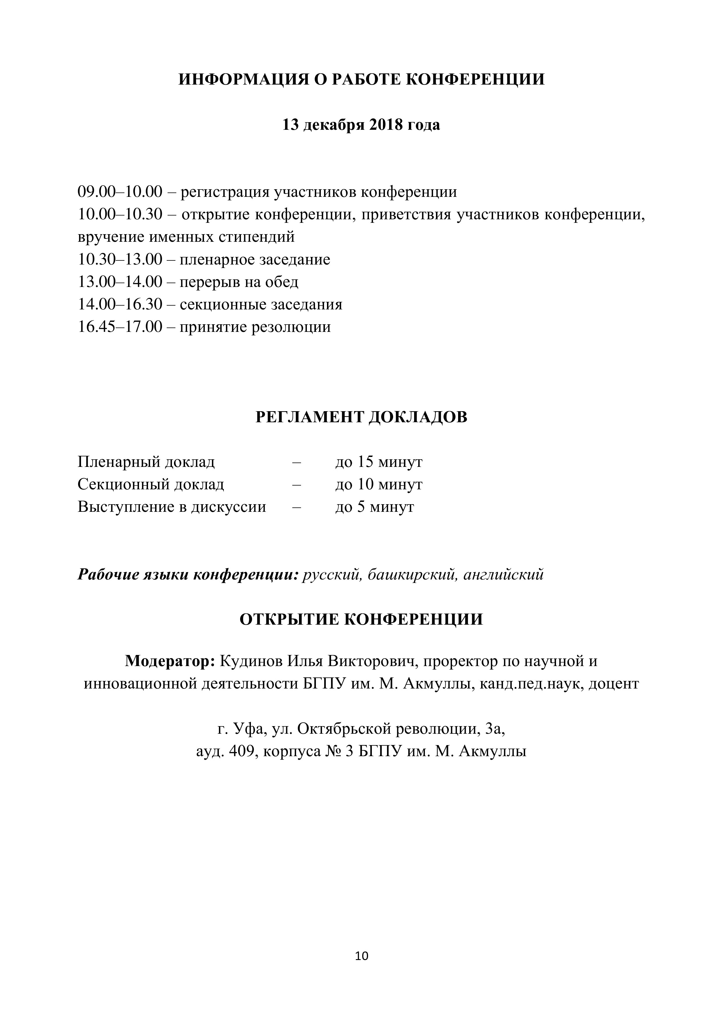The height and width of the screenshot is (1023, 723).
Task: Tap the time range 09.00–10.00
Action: pyautogui.click(x=120, y=192)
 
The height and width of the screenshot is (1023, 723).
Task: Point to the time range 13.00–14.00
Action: pyautogui.click(x=120, y=282)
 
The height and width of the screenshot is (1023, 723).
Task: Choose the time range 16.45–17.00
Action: pyautogui.click(x=120, y=327)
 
